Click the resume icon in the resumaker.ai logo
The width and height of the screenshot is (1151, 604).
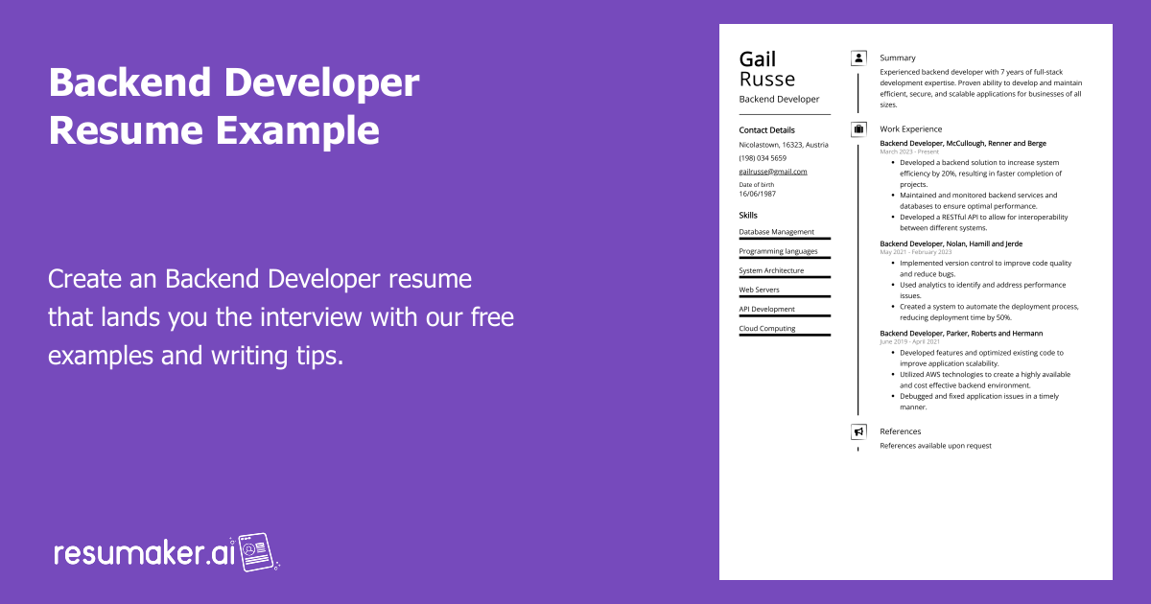tap(255, 552)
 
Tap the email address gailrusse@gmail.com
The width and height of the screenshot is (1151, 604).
tap(773, 172)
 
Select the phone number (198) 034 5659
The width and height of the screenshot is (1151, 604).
tap(763, 158)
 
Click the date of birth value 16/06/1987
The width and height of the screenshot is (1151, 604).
tap(758, 194)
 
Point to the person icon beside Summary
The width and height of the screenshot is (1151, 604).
tap(858, 58)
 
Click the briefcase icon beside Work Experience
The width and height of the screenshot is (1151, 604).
tap(858, 128)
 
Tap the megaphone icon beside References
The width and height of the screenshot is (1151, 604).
tap(858, 431)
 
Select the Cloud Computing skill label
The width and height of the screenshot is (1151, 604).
tap(767, 328)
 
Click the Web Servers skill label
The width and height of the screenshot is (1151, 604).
tap(759, 290)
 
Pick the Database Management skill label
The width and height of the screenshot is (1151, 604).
tap(776, 232)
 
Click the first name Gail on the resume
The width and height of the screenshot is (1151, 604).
tap(758, 59)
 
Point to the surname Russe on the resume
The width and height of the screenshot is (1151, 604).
tap(767, 80)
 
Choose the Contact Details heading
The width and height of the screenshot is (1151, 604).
tap(766, 130)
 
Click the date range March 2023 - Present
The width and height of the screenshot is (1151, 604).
tap(909, 152)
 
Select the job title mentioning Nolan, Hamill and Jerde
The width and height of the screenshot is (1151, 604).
tap(951, 244)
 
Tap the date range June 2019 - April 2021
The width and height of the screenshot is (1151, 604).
tap(909, 342)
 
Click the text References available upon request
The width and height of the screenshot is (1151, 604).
tap(936, 446)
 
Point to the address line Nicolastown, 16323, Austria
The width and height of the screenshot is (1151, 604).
tap(784, 145)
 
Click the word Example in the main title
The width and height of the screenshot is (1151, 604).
tap(297, 131)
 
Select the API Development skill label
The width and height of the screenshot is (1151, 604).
tap(766, 309)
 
